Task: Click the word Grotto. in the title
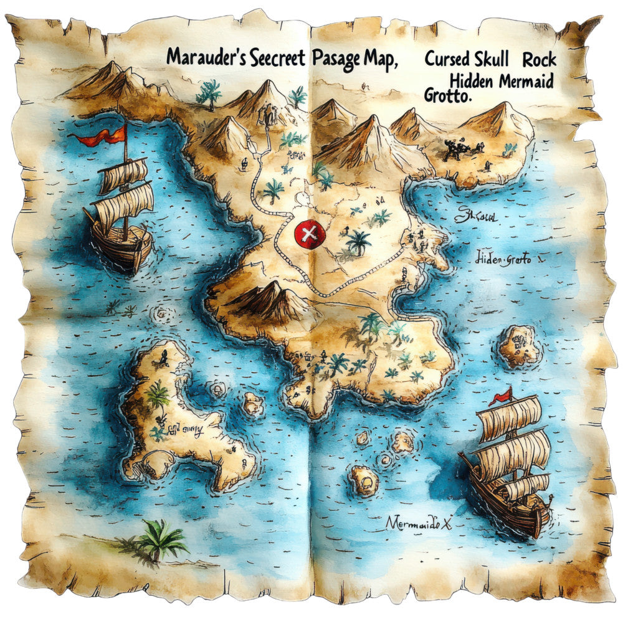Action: (448, 96)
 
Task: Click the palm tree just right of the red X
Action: (357, 240)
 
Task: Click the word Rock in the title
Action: (540, 60)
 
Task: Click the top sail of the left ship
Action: (123, 175)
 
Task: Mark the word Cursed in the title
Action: (446, 60)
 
